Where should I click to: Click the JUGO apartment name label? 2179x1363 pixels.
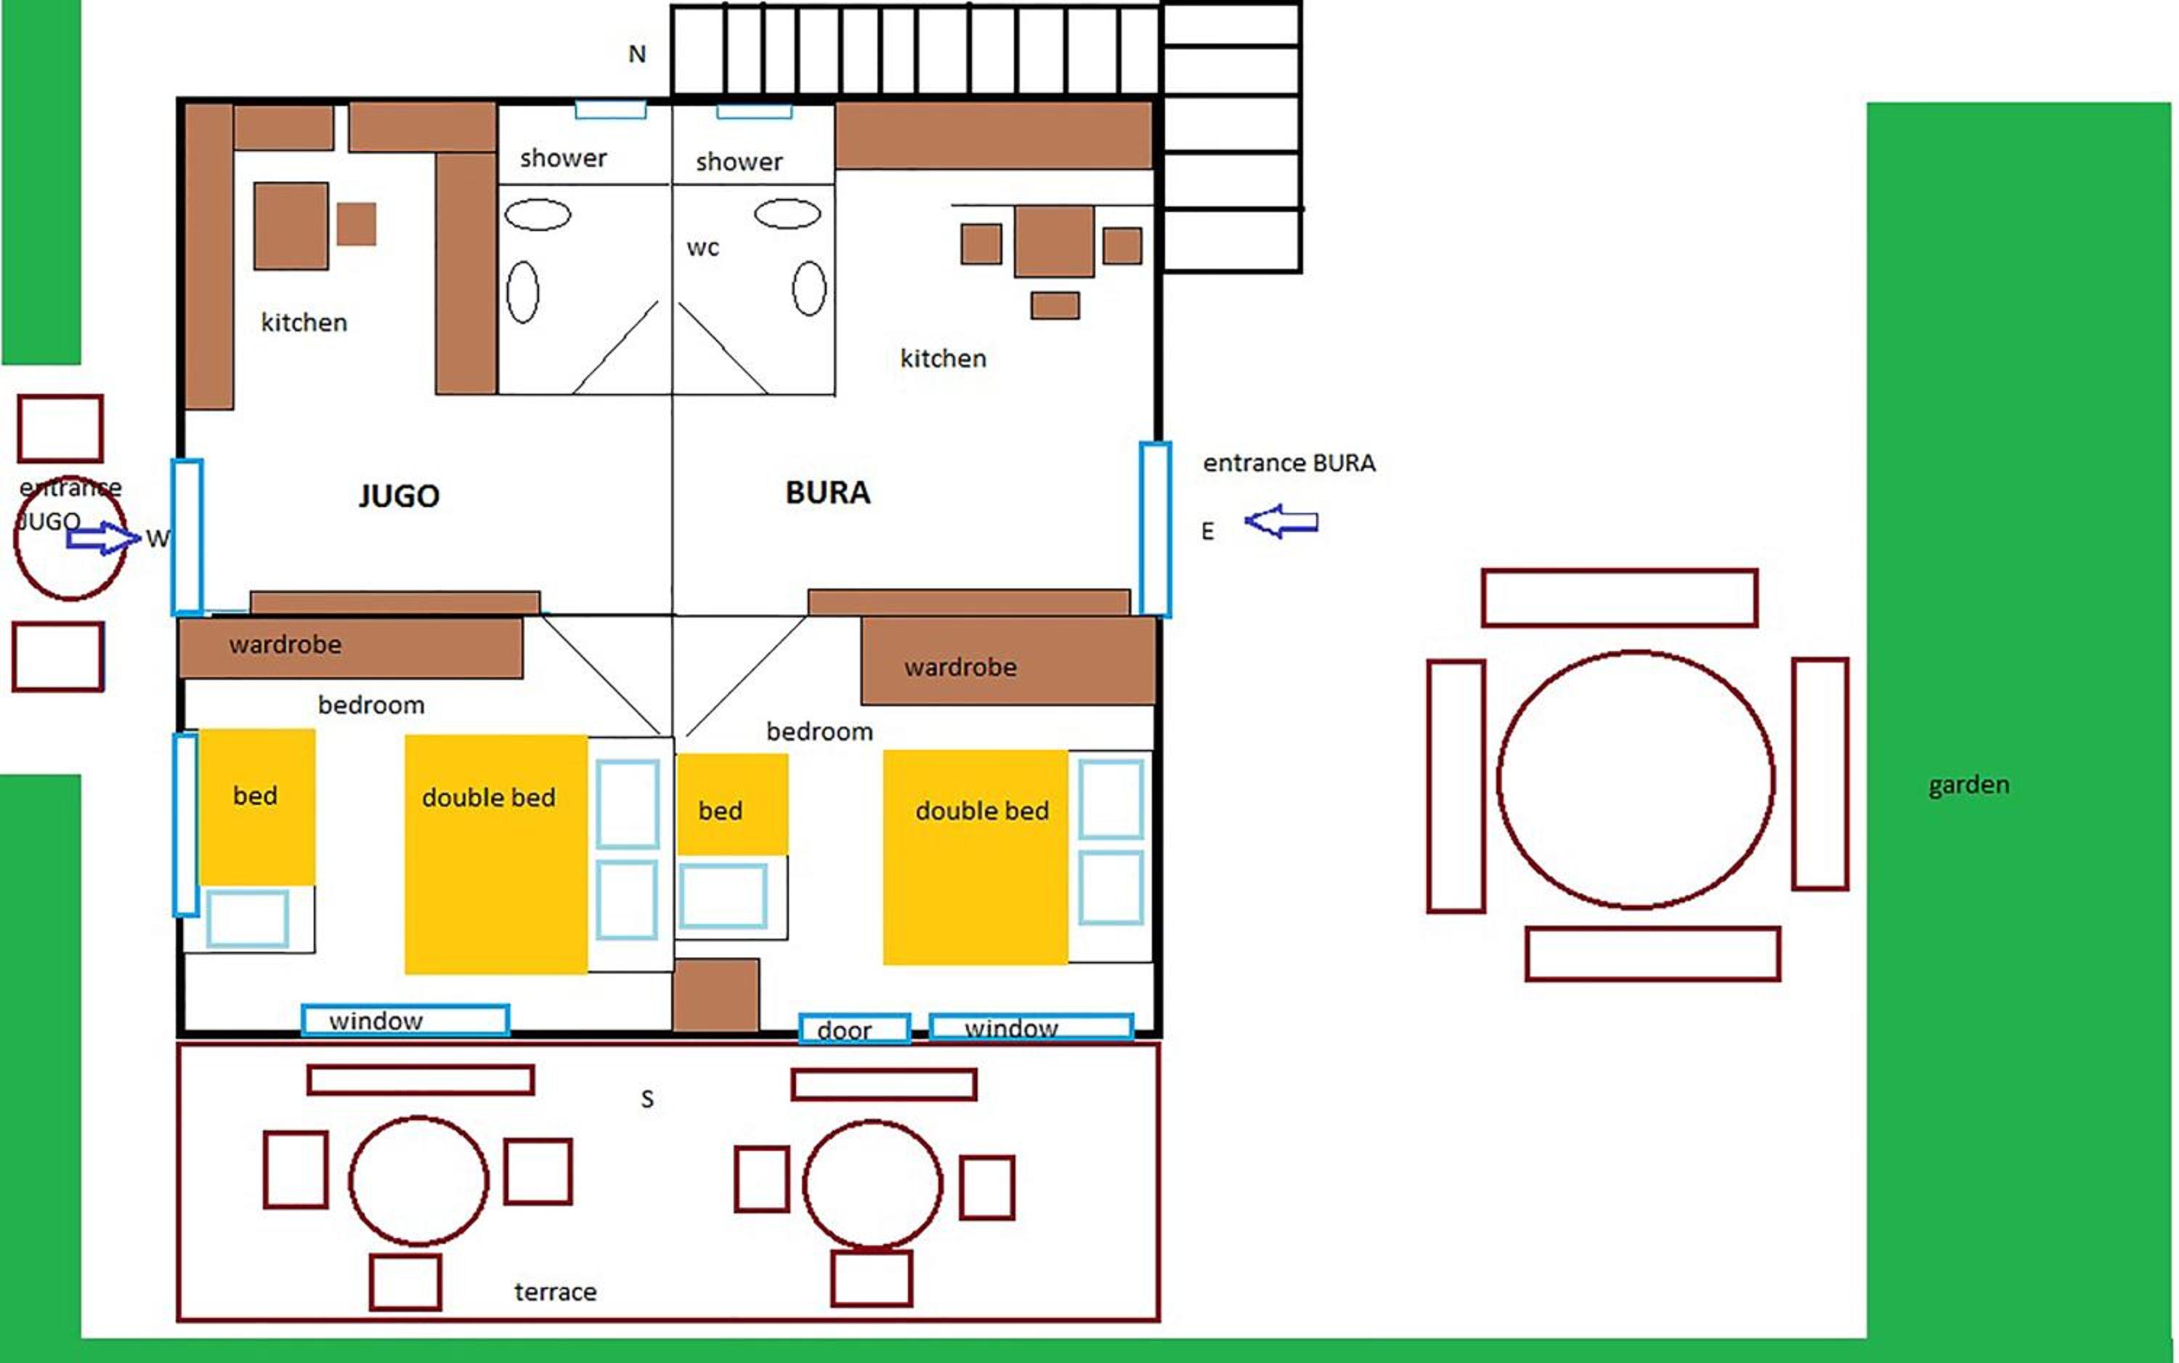[399, 496]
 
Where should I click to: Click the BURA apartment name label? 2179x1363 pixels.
[828, 492]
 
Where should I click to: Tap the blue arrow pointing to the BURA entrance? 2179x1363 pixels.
[1281, 521]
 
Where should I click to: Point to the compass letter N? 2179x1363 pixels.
[637, 54]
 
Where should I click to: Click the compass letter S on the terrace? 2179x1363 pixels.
[647, 1099]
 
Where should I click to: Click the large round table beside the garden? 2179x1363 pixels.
[1636, 779]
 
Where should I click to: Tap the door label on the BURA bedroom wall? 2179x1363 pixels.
[845, 1030]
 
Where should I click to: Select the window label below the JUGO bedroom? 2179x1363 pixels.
[376, 1021]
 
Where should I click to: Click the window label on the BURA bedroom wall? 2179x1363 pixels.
[1011, 1027]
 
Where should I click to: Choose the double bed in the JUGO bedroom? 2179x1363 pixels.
[495, 854]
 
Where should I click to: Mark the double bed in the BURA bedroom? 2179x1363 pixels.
[975, 857]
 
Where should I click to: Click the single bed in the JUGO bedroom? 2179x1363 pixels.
[257, 806]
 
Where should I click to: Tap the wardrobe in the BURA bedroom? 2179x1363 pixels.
[1008, 660]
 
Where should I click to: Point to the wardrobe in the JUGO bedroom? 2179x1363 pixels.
[351, 648]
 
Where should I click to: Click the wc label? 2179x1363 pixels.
[703, 248]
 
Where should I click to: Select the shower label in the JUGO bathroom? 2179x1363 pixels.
[563, 158]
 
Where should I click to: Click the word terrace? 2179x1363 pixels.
[555, 1292]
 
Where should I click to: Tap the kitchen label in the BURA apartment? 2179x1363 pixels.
[944, 359]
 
